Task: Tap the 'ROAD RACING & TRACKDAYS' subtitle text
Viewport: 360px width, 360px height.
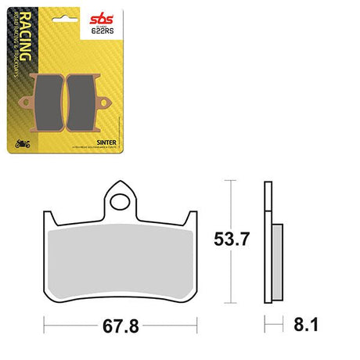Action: coord(33,55)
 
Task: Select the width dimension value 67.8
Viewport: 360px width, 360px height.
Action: coord(121,322)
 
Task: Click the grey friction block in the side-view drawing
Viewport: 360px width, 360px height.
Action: coord(278,258)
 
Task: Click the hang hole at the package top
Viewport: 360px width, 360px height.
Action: coord(74,4)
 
